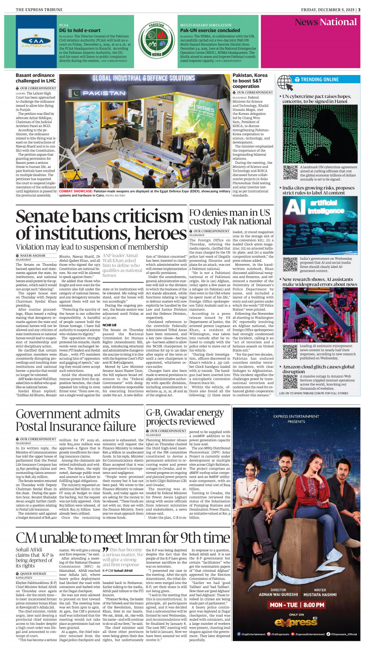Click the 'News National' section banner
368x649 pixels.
[326, 23]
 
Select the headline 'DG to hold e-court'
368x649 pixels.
[80, 30]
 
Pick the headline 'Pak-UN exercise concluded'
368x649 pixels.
[210, 30]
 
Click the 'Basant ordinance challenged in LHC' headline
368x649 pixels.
[36, 78]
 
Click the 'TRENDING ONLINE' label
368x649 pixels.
[320, 80]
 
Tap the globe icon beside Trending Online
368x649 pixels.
[284, 82]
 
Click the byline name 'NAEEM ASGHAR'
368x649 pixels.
[33, 256]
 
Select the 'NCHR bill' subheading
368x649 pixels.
[109, 325]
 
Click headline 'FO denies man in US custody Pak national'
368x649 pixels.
[230, 217]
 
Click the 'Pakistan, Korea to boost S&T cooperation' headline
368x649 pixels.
[250, 81]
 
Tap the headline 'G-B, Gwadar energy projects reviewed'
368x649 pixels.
[185, 417]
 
